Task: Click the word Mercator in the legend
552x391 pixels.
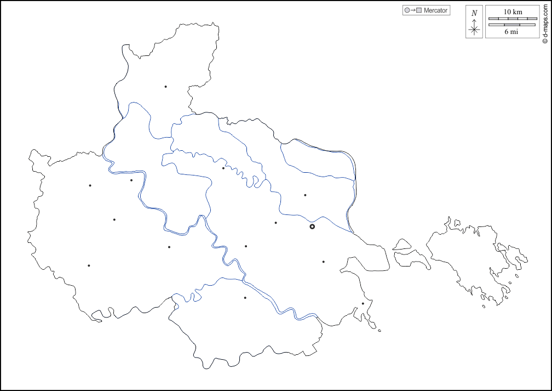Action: click(x=436, y=10)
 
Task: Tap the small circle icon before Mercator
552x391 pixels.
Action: click(x=406, y=10)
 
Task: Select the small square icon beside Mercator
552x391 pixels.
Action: click(x=419, y=10)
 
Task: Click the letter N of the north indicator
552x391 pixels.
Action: click(x=474, y=13)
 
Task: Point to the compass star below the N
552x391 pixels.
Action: click(x=474, y=30)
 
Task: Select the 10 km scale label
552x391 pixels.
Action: click(x=513, y=12)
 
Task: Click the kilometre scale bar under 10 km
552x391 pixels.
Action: click(x=513, y=18)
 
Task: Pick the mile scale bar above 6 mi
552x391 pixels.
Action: click(x=513, y=25)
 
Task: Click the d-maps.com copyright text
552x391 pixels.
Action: click(x=545, y=22)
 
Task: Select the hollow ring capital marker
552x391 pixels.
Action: click(x=312, y=226)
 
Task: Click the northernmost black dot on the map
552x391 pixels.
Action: click(x=165, y=87)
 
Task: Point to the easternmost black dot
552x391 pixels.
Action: click(x=363, y=303)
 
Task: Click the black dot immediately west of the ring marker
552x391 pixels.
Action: click(x=275, y=223)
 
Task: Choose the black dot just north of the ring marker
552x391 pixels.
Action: click(x=305, y=195)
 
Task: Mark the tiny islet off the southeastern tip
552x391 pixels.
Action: click(x=380, y=330)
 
